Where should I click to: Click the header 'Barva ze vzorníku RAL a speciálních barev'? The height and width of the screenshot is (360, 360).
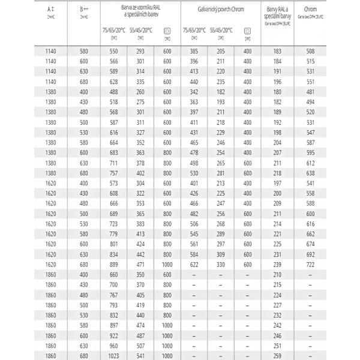(x=139, y=13)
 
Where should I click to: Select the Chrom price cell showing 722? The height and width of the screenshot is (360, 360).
(x=310, y=264)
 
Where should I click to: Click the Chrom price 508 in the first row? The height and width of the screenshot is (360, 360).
(x=310, y=51)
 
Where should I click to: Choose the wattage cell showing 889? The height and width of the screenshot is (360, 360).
(x=114, y=264)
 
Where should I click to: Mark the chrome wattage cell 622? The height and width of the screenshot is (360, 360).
(x=194, y=264)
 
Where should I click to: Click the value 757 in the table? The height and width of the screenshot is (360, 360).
(x=114, y=173)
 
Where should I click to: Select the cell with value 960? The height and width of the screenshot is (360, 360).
(x=114, y=346)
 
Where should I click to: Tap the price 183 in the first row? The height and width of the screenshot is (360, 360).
(x=277, y=51)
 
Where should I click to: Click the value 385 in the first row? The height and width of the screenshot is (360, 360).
(x=194, y=51)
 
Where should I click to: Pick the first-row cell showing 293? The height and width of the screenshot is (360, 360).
(x=140, y=51)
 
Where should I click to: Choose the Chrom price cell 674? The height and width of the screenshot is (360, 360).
(x=310, y=244)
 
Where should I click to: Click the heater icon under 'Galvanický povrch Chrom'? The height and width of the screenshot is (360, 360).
(x=247, y=31)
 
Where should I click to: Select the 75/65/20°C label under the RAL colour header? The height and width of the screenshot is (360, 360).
(x=114, y=29)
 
